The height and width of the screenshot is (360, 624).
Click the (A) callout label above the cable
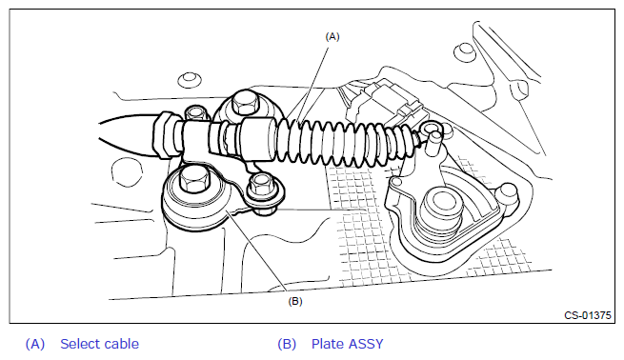[332, 36]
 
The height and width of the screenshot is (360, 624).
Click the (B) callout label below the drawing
[295, 301]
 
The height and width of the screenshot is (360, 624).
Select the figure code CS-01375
[588, 315]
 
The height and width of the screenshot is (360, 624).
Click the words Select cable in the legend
[99, 344]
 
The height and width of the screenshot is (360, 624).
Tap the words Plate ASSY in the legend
[347, 344]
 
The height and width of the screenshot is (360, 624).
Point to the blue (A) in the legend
[35, 344]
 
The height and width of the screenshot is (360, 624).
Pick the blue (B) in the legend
[287, 344]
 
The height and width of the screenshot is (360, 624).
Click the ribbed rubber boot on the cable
[342, 142]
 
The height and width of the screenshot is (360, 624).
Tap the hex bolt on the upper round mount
[244, 104]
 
